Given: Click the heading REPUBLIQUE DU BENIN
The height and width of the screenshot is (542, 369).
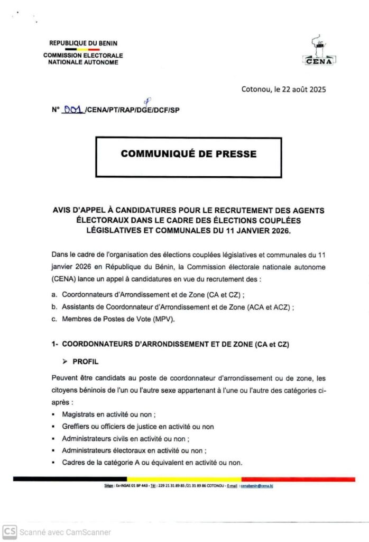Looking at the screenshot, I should [x=83, y=43].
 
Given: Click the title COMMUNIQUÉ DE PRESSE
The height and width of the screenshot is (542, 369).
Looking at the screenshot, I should [x=188, y=154].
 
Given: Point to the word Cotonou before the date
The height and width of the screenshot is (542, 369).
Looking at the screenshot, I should [x=255, y=89].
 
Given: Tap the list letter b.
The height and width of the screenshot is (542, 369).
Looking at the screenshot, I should [x=54, y=306].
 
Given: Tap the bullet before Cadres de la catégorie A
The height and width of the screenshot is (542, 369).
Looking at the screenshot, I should [x=54, y=463].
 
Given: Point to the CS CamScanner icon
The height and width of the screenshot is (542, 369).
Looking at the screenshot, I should [x=9, y=531].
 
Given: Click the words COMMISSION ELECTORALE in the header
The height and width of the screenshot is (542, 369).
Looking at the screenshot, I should [x=83, y=56].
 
